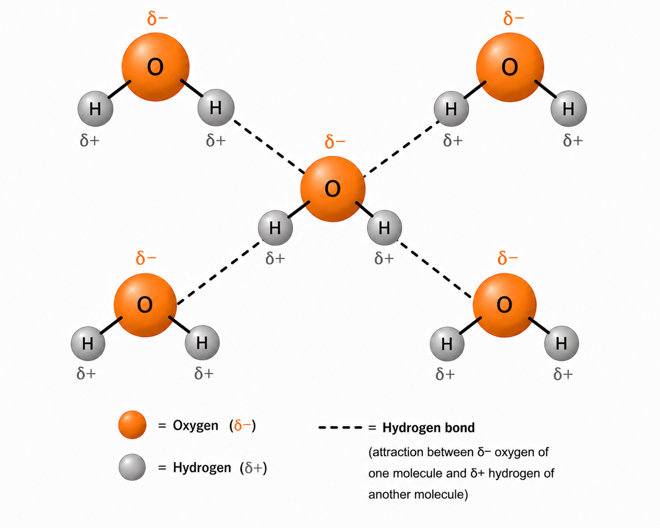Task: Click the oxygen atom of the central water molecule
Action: (x=333, y=189)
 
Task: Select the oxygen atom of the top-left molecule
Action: (x=156, y=67)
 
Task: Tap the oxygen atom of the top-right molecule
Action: (x=510, y=67)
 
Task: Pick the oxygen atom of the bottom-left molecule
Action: (x=145, y=305)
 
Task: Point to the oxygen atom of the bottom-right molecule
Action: (x=504, y=305)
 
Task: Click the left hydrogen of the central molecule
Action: (x=275, y=227)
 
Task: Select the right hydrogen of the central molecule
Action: (x=384, y=227)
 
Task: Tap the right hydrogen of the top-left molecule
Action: (x=216, y=107)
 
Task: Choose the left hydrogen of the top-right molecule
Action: (x=451, y=109)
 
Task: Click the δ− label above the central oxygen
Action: (x=335, y=142)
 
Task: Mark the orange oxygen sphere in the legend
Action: (x=132, y=425)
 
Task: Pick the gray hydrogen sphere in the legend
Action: (x=132, y=467)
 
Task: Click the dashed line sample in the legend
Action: (x=341, y=428)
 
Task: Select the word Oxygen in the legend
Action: (x=196, y=425)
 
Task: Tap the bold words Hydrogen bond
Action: (x=429, y=428)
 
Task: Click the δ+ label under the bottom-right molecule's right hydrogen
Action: (x=563, y=374)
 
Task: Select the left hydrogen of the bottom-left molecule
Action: (x=88, y=343)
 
